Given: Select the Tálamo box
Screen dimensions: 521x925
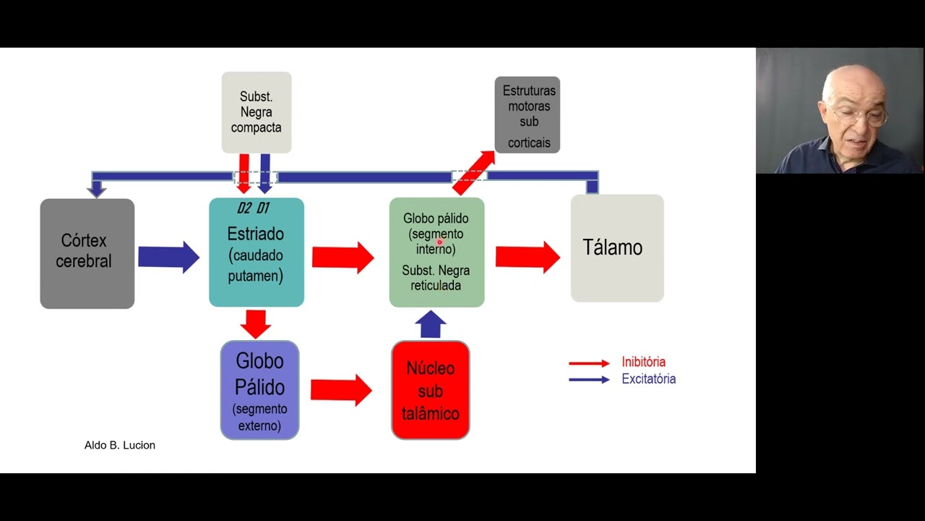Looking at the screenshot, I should pos(616,248).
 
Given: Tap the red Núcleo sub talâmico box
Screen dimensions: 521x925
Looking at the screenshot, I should pos(430,391).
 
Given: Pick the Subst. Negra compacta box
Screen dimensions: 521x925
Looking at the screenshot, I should pos(256,112).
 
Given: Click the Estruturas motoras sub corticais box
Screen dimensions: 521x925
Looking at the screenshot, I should pos(528,114).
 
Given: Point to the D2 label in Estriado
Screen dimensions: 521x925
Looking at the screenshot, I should pos(244,208).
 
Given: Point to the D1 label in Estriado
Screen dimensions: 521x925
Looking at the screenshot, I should pos(262,208).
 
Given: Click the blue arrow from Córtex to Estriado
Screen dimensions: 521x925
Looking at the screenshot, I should pos(168,257).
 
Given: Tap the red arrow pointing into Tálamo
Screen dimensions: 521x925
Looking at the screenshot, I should pos(527,257).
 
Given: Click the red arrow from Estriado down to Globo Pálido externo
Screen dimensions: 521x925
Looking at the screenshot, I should pos(255,323).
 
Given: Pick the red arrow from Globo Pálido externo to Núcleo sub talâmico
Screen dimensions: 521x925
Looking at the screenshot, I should pos(340,390).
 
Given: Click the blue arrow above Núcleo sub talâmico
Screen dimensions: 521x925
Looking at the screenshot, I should pos(431,324).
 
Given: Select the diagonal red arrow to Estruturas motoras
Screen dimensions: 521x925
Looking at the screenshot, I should pos(474,172).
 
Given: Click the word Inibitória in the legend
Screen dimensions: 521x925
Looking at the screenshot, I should pos(643,362).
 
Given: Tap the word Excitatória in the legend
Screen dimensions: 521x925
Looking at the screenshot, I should pos(648,379).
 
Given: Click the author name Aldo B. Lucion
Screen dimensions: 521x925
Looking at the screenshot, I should pos(120,445).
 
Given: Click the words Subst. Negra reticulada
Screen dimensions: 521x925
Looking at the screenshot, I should pos(436,278).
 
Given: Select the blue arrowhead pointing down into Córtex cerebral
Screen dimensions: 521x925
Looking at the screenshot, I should pos(96,190).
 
